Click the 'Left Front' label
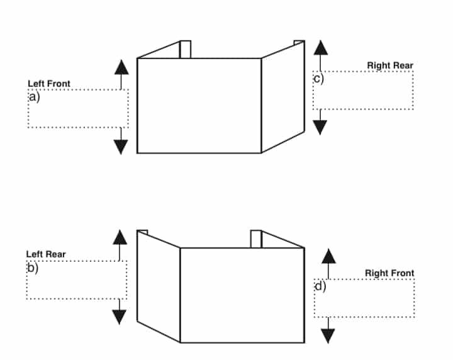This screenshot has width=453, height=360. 49,84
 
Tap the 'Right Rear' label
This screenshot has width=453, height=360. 390,65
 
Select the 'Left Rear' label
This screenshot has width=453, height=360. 46,254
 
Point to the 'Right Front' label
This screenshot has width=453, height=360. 389,273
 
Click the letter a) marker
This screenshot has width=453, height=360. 34,97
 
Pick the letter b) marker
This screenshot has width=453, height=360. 33,268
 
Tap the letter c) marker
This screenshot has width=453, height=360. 319,79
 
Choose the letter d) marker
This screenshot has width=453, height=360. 320,286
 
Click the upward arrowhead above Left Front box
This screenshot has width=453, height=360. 121,67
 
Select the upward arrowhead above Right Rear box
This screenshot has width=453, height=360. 321,48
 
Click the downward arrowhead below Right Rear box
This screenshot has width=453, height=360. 320,127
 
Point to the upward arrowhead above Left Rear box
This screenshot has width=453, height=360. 120,237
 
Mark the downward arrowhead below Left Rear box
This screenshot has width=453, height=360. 120,317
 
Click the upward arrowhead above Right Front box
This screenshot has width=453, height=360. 329,256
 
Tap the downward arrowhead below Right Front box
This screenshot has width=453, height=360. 328,336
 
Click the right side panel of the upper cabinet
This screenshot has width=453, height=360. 283,97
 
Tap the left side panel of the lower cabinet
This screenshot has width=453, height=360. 159,286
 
